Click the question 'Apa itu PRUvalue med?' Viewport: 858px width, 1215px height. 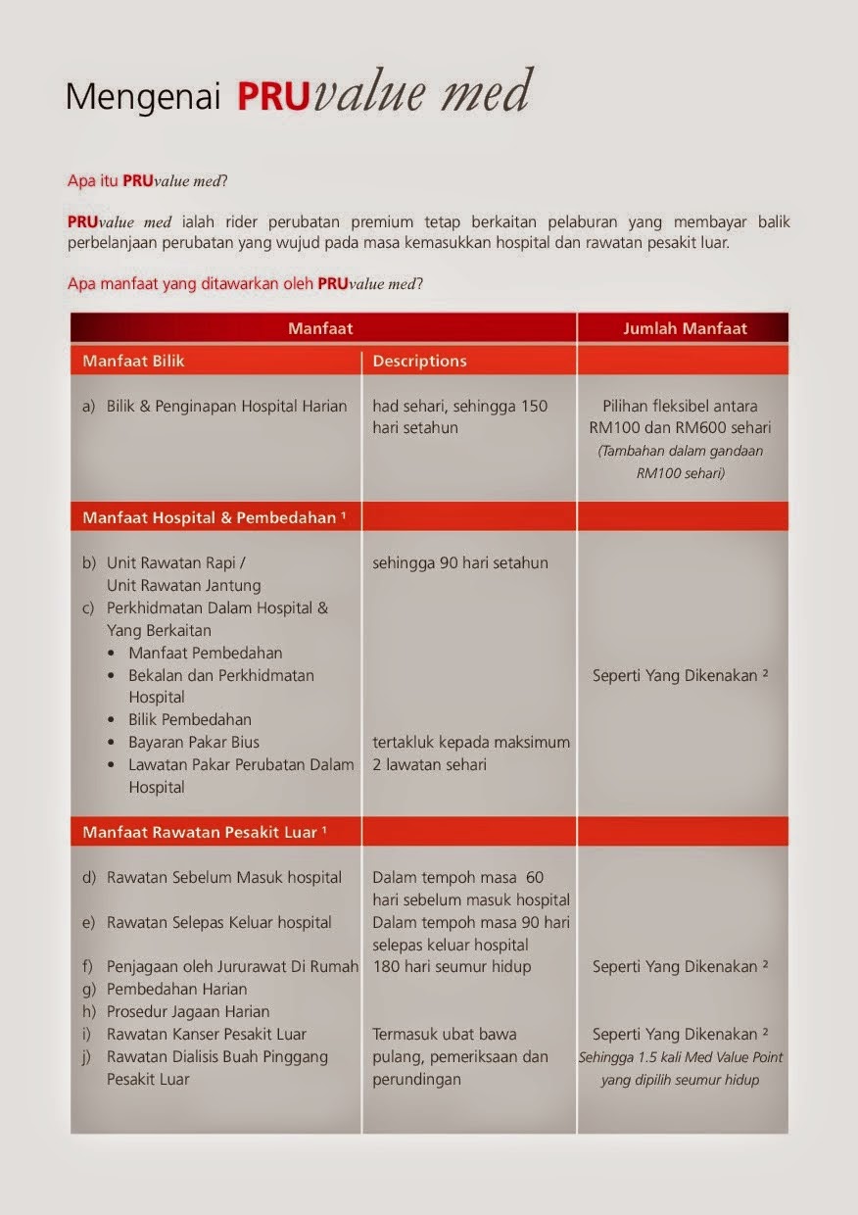(x=147, y=181)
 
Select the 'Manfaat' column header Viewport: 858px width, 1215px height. (x=320, y=328)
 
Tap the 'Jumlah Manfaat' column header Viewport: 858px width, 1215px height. (x=685, y=328)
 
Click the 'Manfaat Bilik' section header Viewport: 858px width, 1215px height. (x=133, y=361)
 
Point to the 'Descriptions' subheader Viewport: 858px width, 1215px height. (x=419, y=361)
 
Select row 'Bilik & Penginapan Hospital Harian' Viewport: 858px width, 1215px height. (x=225, y=406)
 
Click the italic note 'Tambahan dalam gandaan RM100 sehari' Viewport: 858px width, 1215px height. (x=680, y=461)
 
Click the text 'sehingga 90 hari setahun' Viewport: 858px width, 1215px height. (x=460, y=562)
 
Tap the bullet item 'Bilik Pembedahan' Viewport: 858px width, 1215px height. (x=190, y=719)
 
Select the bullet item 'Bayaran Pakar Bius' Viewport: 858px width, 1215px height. (x=194, y=742)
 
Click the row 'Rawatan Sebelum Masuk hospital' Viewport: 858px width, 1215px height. (x=223, y=877)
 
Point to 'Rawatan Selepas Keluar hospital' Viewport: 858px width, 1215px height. (x=218, y=922)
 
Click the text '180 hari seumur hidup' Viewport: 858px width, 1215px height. (x=452, y=967)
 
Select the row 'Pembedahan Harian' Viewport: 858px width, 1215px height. (x=176, y=989)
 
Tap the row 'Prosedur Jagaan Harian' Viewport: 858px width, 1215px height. (x=187, y=1011)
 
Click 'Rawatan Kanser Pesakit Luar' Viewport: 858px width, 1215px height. (x=206, y=1034)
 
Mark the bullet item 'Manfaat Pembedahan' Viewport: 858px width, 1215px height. (x=206, y=653)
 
